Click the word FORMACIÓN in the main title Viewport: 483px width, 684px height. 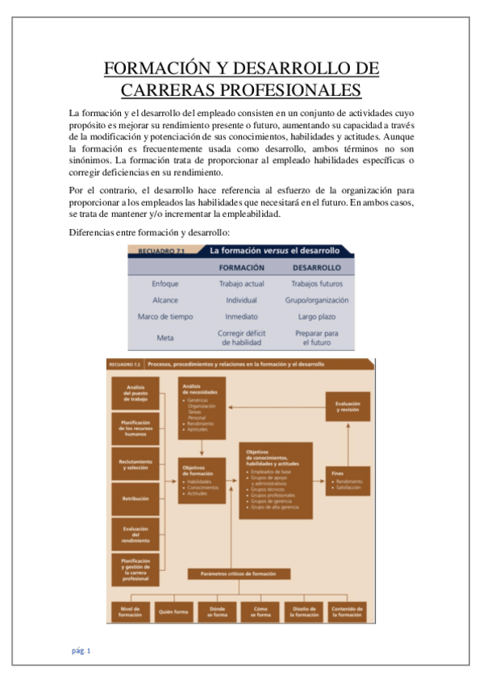pyautogui.click(x=160, y=68)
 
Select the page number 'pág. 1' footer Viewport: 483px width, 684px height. pyautogui.click(x=81, y=650)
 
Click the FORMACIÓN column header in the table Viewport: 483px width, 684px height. pyautogui.click(x=241, y=267)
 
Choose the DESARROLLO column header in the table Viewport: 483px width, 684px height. pyautogui.click(x=315, y=267)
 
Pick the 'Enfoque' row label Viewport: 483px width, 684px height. pyautogui.click(x=165, y=283)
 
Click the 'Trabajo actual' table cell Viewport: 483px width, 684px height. pyautogui.click(x=241, y=283)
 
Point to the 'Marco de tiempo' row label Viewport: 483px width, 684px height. pyautogui.click(x=165, y=316)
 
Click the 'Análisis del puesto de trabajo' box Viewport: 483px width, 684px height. pyautogui.click(x=135, y=392)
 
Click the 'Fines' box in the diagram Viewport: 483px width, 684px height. pyautogui.click(x=348, y=481)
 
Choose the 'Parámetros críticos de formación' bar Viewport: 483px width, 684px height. pyautogui.click(x=238, y=573)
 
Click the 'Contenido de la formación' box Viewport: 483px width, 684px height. pyautogui.click(x=348, y=611)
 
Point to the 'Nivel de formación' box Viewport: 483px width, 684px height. pyautogui.click(x=131, y=611)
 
